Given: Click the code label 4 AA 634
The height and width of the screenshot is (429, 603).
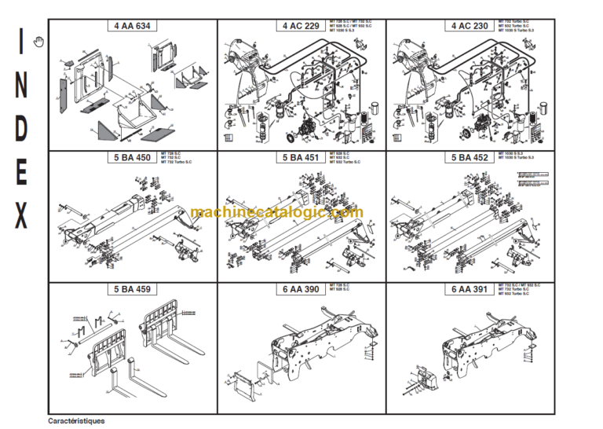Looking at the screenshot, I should coord(131,26).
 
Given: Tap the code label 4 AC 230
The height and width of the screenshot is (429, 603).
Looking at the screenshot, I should coord(470,26).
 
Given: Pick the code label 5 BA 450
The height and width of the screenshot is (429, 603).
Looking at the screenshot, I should coord(131,157).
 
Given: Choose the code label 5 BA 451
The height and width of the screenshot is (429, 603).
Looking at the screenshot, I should coord(300,157).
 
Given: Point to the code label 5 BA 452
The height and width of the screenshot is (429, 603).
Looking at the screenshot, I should coord(470,157).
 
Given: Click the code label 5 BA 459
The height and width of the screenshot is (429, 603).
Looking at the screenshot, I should coord(131,289).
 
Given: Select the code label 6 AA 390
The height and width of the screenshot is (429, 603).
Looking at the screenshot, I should coord(300,289).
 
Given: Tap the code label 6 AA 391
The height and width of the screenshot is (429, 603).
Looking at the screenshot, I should coord(470,289).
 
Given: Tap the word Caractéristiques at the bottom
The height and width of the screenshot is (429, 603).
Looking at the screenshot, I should coord(76,420).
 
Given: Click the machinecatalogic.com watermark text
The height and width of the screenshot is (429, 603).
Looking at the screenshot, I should coord(276,212).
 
